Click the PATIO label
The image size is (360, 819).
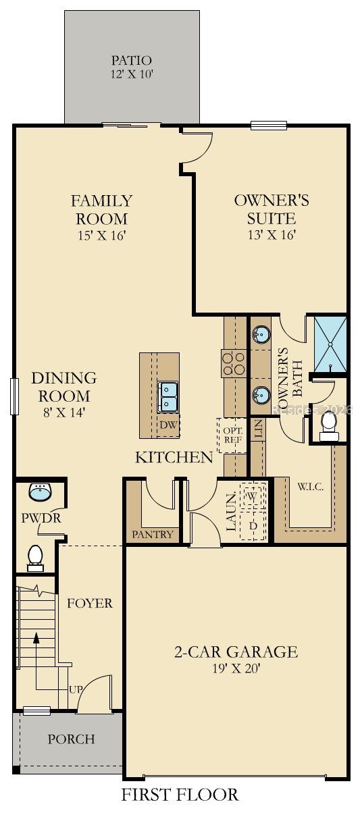tap(131, 60)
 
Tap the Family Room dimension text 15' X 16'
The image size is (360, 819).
tap(102, 236)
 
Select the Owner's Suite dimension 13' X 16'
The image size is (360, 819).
tap(272, 235)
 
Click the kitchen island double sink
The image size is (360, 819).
tap(168, 397)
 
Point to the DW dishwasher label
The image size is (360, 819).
tap(169, 425)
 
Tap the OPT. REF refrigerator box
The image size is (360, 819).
tap(232, 435)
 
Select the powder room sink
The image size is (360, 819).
tap(40, 492)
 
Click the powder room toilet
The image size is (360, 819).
tap(35, 558)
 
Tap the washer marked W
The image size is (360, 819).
tap(252, 496)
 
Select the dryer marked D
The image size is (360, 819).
tap(253, 525)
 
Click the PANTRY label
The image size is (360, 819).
tap(152, 535)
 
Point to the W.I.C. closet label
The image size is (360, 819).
tap(310, 487)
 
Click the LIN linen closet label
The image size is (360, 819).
tap(259, 429)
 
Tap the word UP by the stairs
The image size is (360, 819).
tap(76, 689)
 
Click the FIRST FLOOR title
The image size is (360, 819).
tap(180, 804)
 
